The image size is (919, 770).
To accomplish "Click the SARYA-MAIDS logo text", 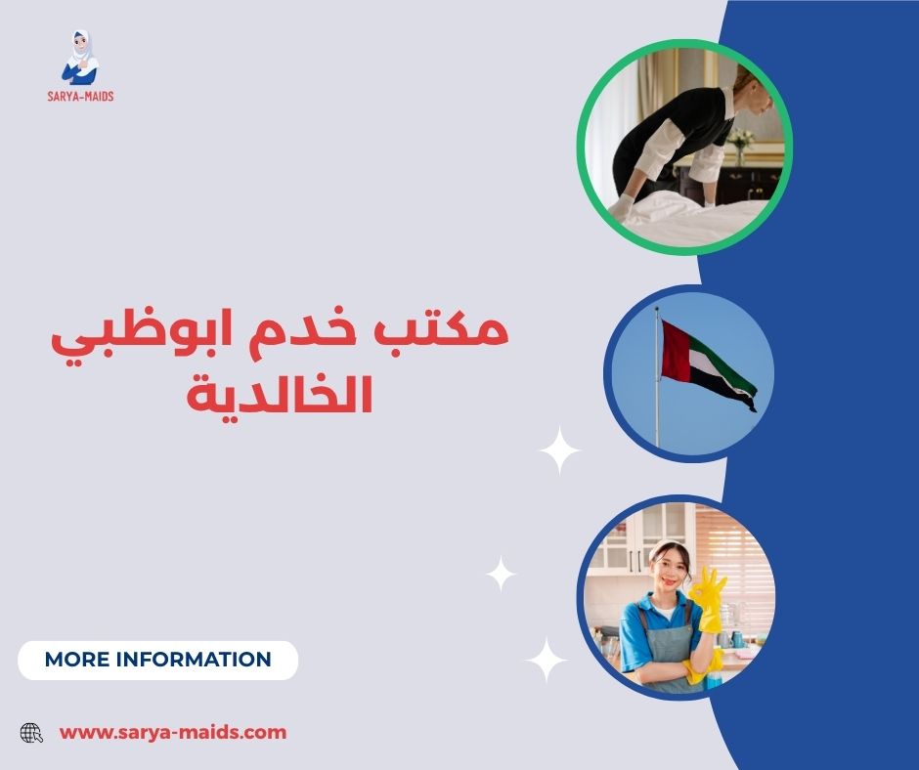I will tap(80, 96).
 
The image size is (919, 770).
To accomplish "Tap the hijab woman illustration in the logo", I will tap(80, 57).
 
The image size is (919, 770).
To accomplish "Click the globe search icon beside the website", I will tap(32, 732).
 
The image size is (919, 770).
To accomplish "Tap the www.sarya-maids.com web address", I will tap(173, 732).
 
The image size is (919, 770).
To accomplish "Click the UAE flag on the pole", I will tap(706, 361).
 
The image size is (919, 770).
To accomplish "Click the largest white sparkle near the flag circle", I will tap(561, 450).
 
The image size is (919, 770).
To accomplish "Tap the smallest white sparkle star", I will tap(501, 574).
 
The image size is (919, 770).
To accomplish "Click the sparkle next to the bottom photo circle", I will tap(546, 659).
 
